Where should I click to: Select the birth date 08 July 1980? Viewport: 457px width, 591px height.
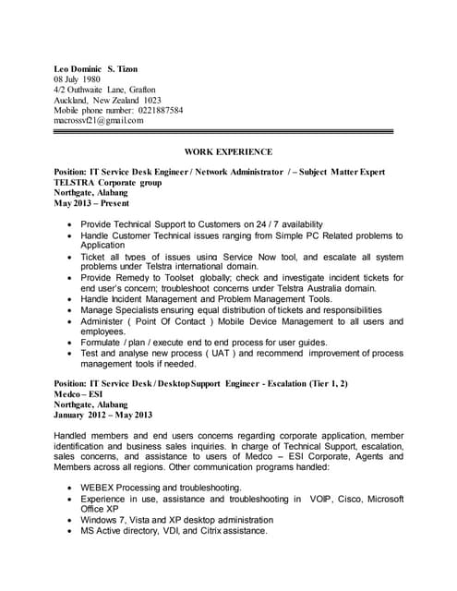click(x=78, y=79)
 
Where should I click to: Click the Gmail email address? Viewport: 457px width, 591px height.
click(x=98, y=120)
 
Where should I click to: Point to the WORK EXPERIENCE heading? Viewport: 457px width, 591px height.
click(x=228, y=151)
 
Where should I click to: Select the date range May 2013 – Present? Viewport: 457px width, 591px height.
click(x=91, y=202)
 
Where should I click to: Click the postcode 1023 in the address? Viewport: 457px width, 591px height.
click(x=152, y=100)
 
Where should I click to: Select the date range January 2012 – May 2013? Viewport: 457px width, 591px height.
click(x=102, y=415)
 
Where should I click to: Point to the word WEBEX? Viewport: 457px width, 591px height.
click(x=102, y=488)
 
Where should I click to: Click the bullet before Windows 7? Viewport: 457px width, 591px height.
click(x=70, y=520)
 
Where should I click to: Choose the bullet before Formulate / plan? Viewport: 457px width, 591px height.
click(x=70, y=342)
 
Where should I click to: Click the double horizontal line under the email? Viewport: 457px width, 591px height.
click(x=228, y=132)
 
